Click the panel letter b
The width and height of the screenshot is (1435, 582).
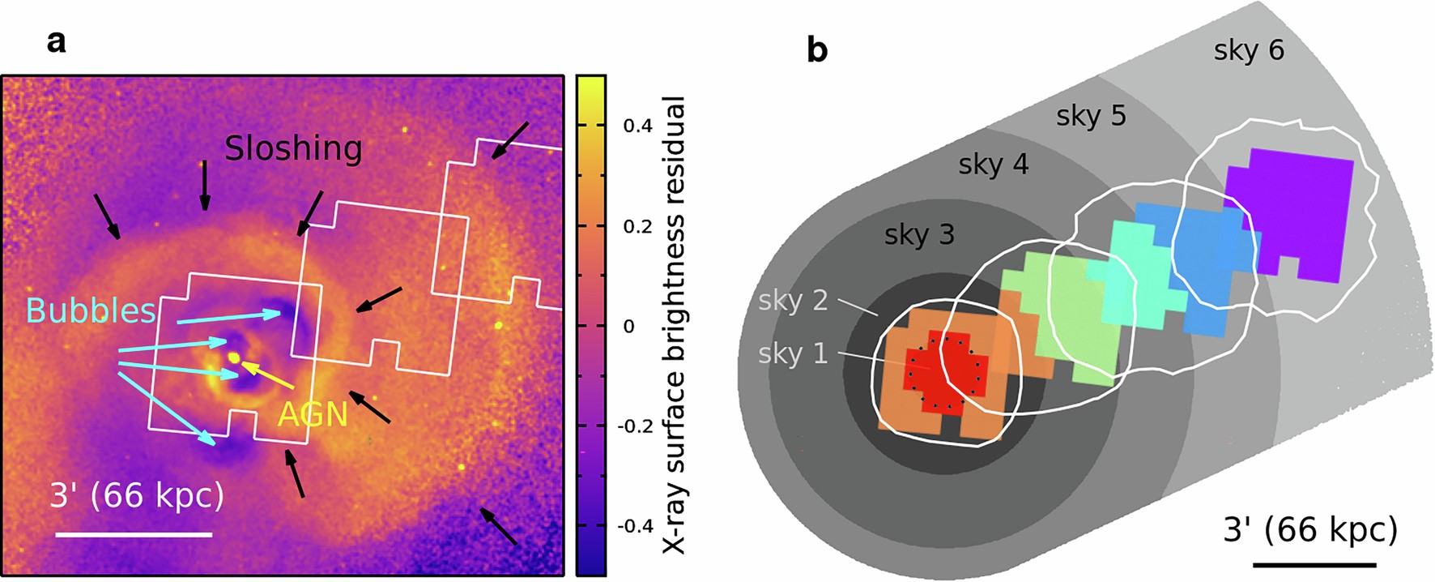tap(817, 50)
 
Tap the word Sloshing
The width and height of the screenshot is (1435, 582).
tap(293, 148)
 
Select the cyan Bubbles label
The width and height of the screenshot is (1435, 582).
tap(91, 310)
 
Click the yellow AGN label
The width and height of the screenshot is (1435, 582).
tap(313, 414)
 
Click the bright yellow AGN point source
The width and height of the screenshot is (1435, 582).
tap(234, 357)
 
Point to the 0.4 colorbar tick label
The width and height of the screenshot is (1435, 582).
tap(638, 126)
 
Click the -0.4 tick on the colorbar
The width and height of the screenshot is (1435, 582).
tap(636, 526)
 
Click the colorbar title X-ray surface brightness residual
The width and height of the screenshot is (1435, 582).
tap(674, 324)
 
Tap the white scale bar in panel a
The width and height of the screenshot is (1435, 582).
tap(134, 534)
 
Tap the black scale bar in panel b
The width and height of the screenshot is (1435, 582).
tap(1314, 563)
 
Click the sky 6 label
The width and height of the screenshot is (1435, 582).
tap(1249, 50)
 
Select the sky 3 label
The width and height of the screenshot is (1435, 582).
tap(919, 235)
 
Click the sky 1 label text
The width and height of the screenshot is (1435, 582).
tap(793, 353)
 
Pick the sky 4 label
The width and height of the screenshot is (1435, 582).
tap(993, 165)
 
